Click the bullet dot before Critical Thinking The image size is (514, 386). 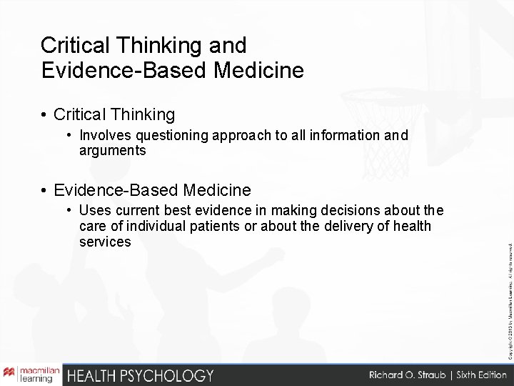point(44,114)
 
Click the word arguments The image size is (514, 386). point(113,150)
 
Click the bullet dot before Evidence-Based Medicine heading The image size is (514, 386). point(44,190)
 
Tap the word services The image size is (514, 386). point(106,242)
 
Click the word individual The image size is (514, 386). point(151,227)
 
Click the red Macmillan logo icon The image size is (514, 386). point(10,374)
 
